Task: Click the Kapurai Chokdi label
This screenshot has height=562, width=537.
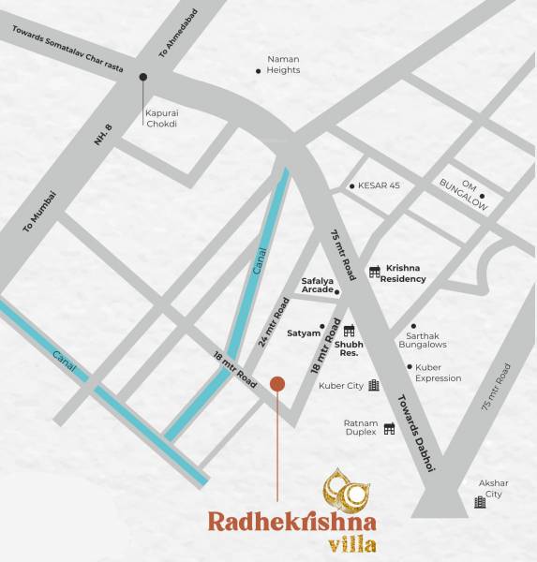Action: tap(161, 118)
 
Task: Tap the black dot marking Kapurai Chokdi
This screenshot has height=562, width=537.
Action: tap(143, 78)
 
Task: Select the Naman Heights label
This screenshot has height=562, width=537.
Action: tap(283, 64)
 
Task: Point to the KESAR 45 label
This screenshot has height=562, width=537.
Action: tap(380, 185)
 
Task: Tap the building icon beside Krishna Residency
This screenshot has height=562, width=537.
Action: tap(375, 272)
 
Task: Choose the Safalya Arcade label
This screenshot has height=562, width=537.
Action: tap(317, 285)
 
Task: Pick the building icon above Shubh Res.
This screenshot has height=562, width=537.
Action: tap(349, 330)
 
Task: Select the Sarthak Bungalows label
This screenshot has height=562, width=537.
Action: tap(423, 340)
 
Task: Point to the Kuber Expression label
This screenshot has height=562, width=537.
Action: tap(438, 373)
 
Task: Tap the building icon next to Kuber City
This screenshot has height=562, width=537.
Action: tap(374, 386)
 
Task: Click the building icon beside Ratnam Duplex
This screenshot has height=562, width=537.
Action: tap(388, 429)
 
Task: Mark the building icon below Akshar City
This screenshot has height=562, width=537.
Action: tap(480, 503)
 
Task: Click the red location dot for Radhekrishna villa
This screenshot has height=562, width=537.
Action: tap(277, 383)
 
